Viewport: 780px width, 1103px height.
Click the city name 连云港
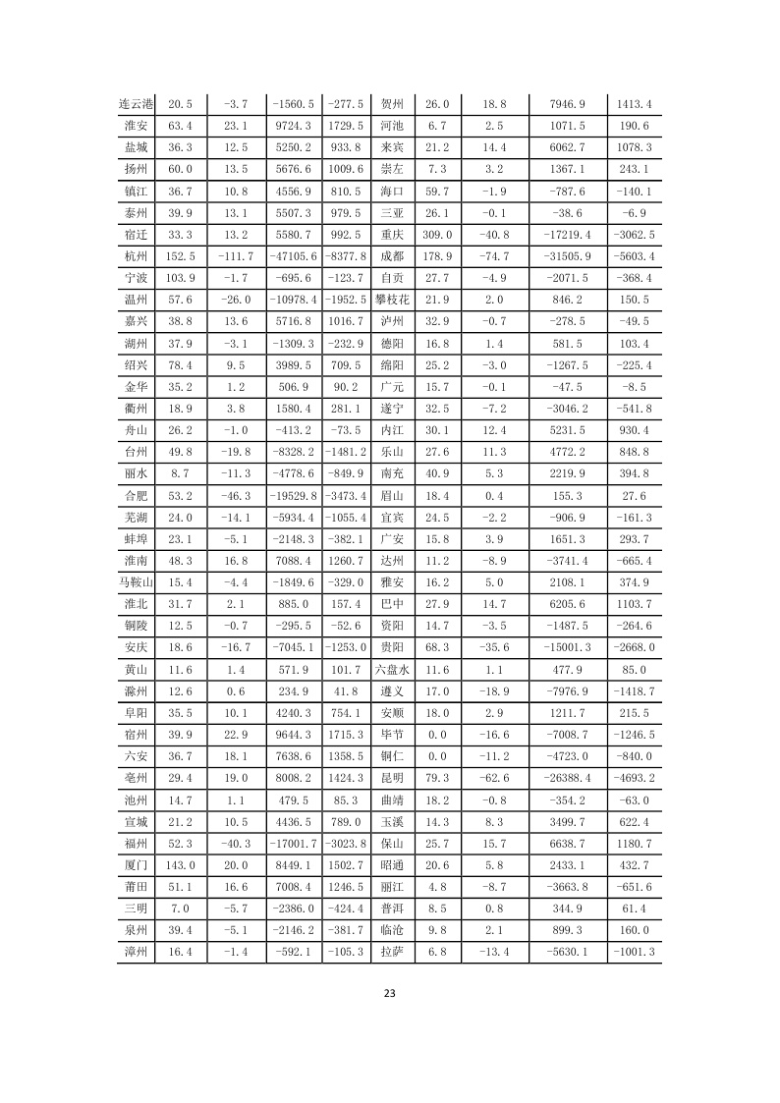136,104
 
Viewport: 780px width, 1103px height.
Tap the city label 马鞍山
136,582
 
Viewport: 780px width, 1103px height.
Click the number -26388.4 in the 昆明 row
569,778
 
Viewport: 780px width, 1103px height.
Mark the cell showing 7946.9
569,104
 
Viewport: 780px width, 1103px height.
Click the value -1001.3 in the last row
634,952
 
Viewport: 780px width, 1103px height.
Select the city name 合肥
136,496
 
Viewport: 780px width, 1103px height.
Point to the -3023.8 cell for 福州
344,843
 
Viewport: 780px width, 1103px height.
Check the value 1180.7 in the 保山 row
634,843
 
